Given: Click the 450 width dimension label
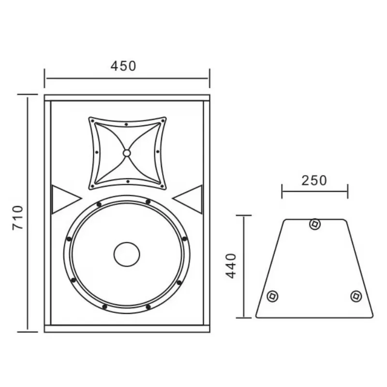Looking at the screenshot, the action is pyautogui.click(x=123, y=66).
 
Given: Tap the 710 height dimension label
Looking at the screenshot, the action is pyautogui.click(x=18, y=218).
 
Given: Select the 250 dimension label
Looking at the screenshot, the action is pyautogui.click(x=314, y=180).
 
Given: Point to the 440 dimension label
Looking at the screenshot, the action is pyautogui.click(x=231, y=266).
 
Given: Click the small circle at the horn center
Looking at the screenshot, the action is pyautogui.click(x=127, y=153).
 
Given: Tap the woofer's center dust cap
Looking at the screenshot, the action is pyautogui.click(x=127, y=254).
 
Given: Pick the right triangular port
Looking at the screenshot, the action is pyautogui.click(x=188, y=199).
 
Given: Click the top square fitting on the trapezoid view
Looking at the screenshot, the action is pyautogui.click(x=315, y=224).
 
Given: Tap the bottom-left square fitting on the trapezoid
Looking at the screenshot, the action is pyautogui.click(x=272, y=296).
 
